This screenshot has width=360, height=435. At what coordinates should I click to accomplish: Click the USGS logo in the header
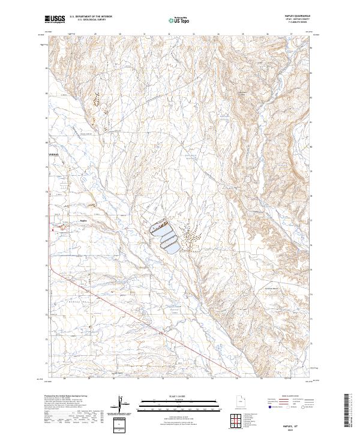coord(55,19)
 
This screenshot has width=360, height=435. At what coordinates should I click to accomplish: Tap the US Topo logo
coord(178,20)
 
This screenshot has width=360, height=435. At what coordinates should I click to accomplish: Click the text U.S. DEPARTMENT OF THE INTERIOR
coord(91,17)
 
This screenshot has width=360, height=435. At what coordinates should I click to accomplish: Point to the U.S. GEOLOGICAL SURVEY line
coord(91,21)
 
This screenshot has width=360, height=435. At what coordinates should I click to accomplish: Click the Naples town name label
coord(84,220)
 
